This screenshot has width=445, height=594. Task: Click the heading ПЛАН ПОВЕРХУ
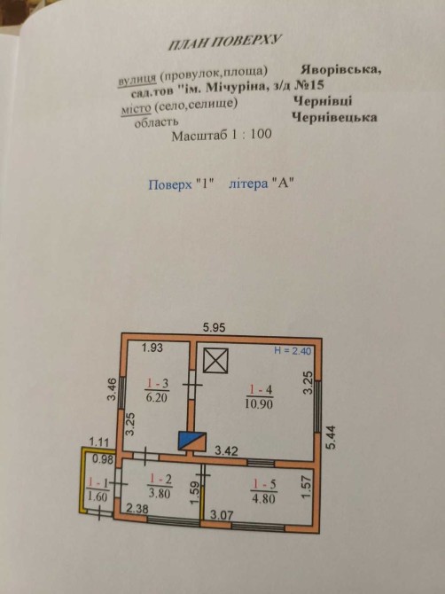225,42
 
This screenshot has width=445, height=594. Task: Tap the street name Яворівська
341,70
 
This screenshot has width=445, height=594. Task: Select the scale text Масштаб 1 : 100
222,135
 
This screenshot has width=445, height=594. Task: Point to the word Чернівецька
334,117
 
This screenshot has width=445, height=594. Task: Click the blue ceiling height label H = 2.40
293,351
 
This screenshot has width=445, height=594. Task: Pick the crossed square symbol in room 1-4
215,361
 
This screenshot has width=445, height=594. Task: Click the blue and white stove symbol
192,441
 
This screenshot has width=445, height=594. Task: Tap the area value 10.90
259,403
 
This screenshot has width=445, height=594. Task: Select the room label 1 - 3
157,384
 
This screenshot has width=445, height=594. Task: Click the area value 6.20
156,397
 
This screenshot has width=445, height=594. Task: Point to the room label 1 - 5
264,484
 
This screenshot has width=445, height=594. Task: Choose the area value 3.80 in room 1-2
160,493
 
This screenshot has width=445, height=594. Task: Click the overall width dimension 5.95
214,327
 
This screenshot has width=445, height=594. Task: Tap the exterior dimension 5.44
332,438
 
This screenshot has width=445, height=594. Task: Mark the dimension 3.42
226,451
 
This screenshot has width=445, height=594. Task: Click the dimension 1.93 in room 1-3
152,348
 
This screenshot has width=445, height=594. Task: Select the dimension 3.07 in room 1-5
222,515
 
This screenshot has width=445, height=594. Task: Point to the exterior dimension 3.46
112,390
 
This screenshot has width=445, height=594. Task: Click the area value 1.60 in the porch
97,496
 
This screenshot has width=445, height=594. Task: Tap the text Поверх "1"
182,184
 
